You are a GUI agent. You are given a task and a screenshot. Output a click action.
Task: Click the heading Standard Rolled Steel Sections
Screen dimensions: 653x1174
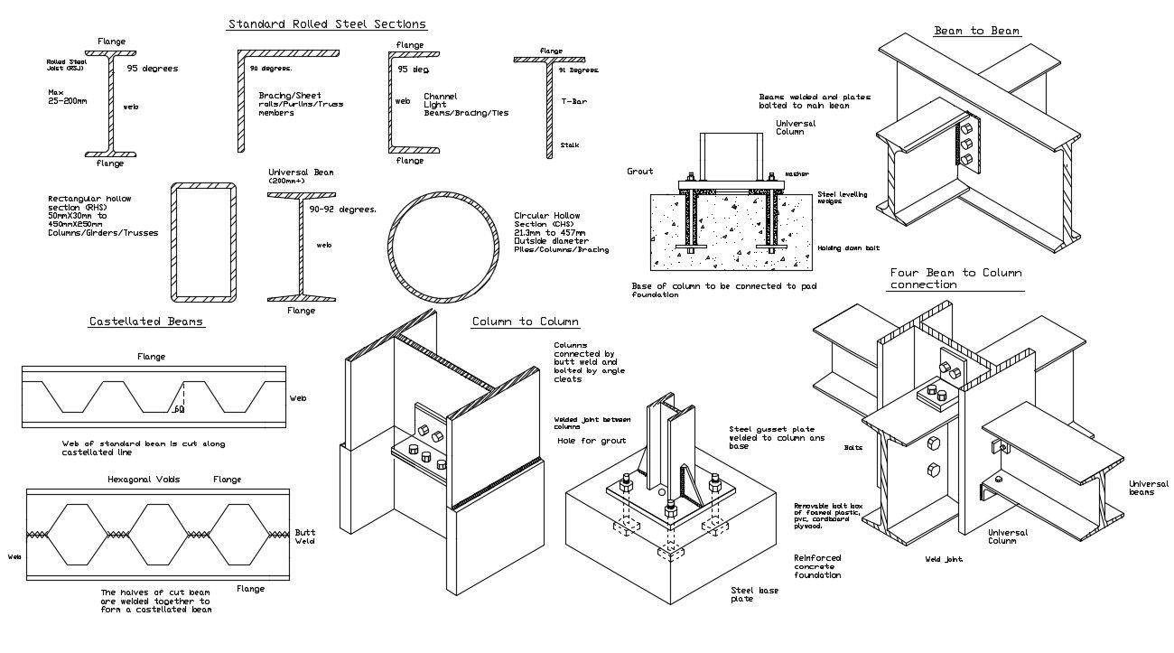click(327, 24)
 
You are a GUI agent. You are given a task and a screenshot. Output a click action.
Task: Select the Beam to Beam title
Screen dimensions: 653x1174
click(977, 31)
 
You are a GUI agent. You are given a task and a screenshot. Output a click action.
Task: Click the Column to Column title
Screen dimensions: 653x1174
click(525, 322)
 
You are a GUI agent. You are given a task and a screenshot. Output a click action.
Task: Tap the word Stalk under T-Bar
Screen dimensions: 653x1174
click(569, 145)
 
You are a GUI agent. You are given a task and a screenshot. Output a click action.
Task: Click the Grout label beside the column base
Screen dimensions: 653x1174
click(639, 171)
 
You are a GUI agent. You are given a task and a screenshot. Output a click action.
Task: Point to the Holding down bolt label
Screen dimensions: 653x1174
click(848, 247)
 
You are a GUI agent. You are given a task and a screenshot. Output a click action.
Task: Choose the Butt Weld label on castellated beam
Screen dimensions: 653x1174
click(305, 536)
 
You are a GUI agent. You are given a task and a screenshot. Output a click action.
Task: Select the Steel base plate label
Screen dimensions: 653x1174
click(754, 595)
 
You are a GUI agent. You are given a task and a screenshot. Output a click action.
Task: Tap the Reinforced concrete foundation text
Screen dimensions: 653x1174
click(817, 566)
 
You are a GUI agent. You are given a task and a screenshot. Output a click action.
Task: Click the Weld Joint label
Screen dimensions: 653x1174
click(944, 559)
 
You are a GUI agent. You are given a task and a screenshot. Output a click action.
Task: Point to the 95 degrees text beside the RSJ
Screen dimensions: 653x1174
click(153, 68)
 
